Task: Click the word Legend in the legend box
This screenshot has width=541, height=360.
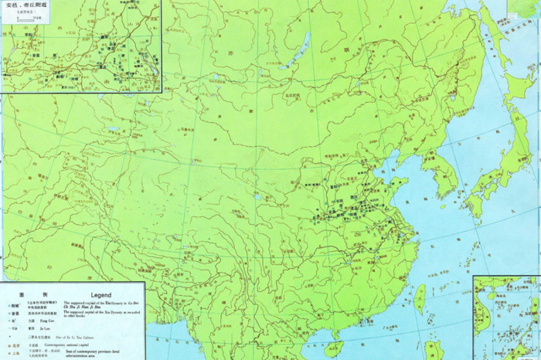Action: coord(102,294)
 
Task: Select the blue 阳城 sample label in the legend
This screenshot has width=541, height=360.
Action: coord(14,304)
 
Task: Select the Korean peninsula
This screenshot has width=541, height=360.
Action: coord(444,174)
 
